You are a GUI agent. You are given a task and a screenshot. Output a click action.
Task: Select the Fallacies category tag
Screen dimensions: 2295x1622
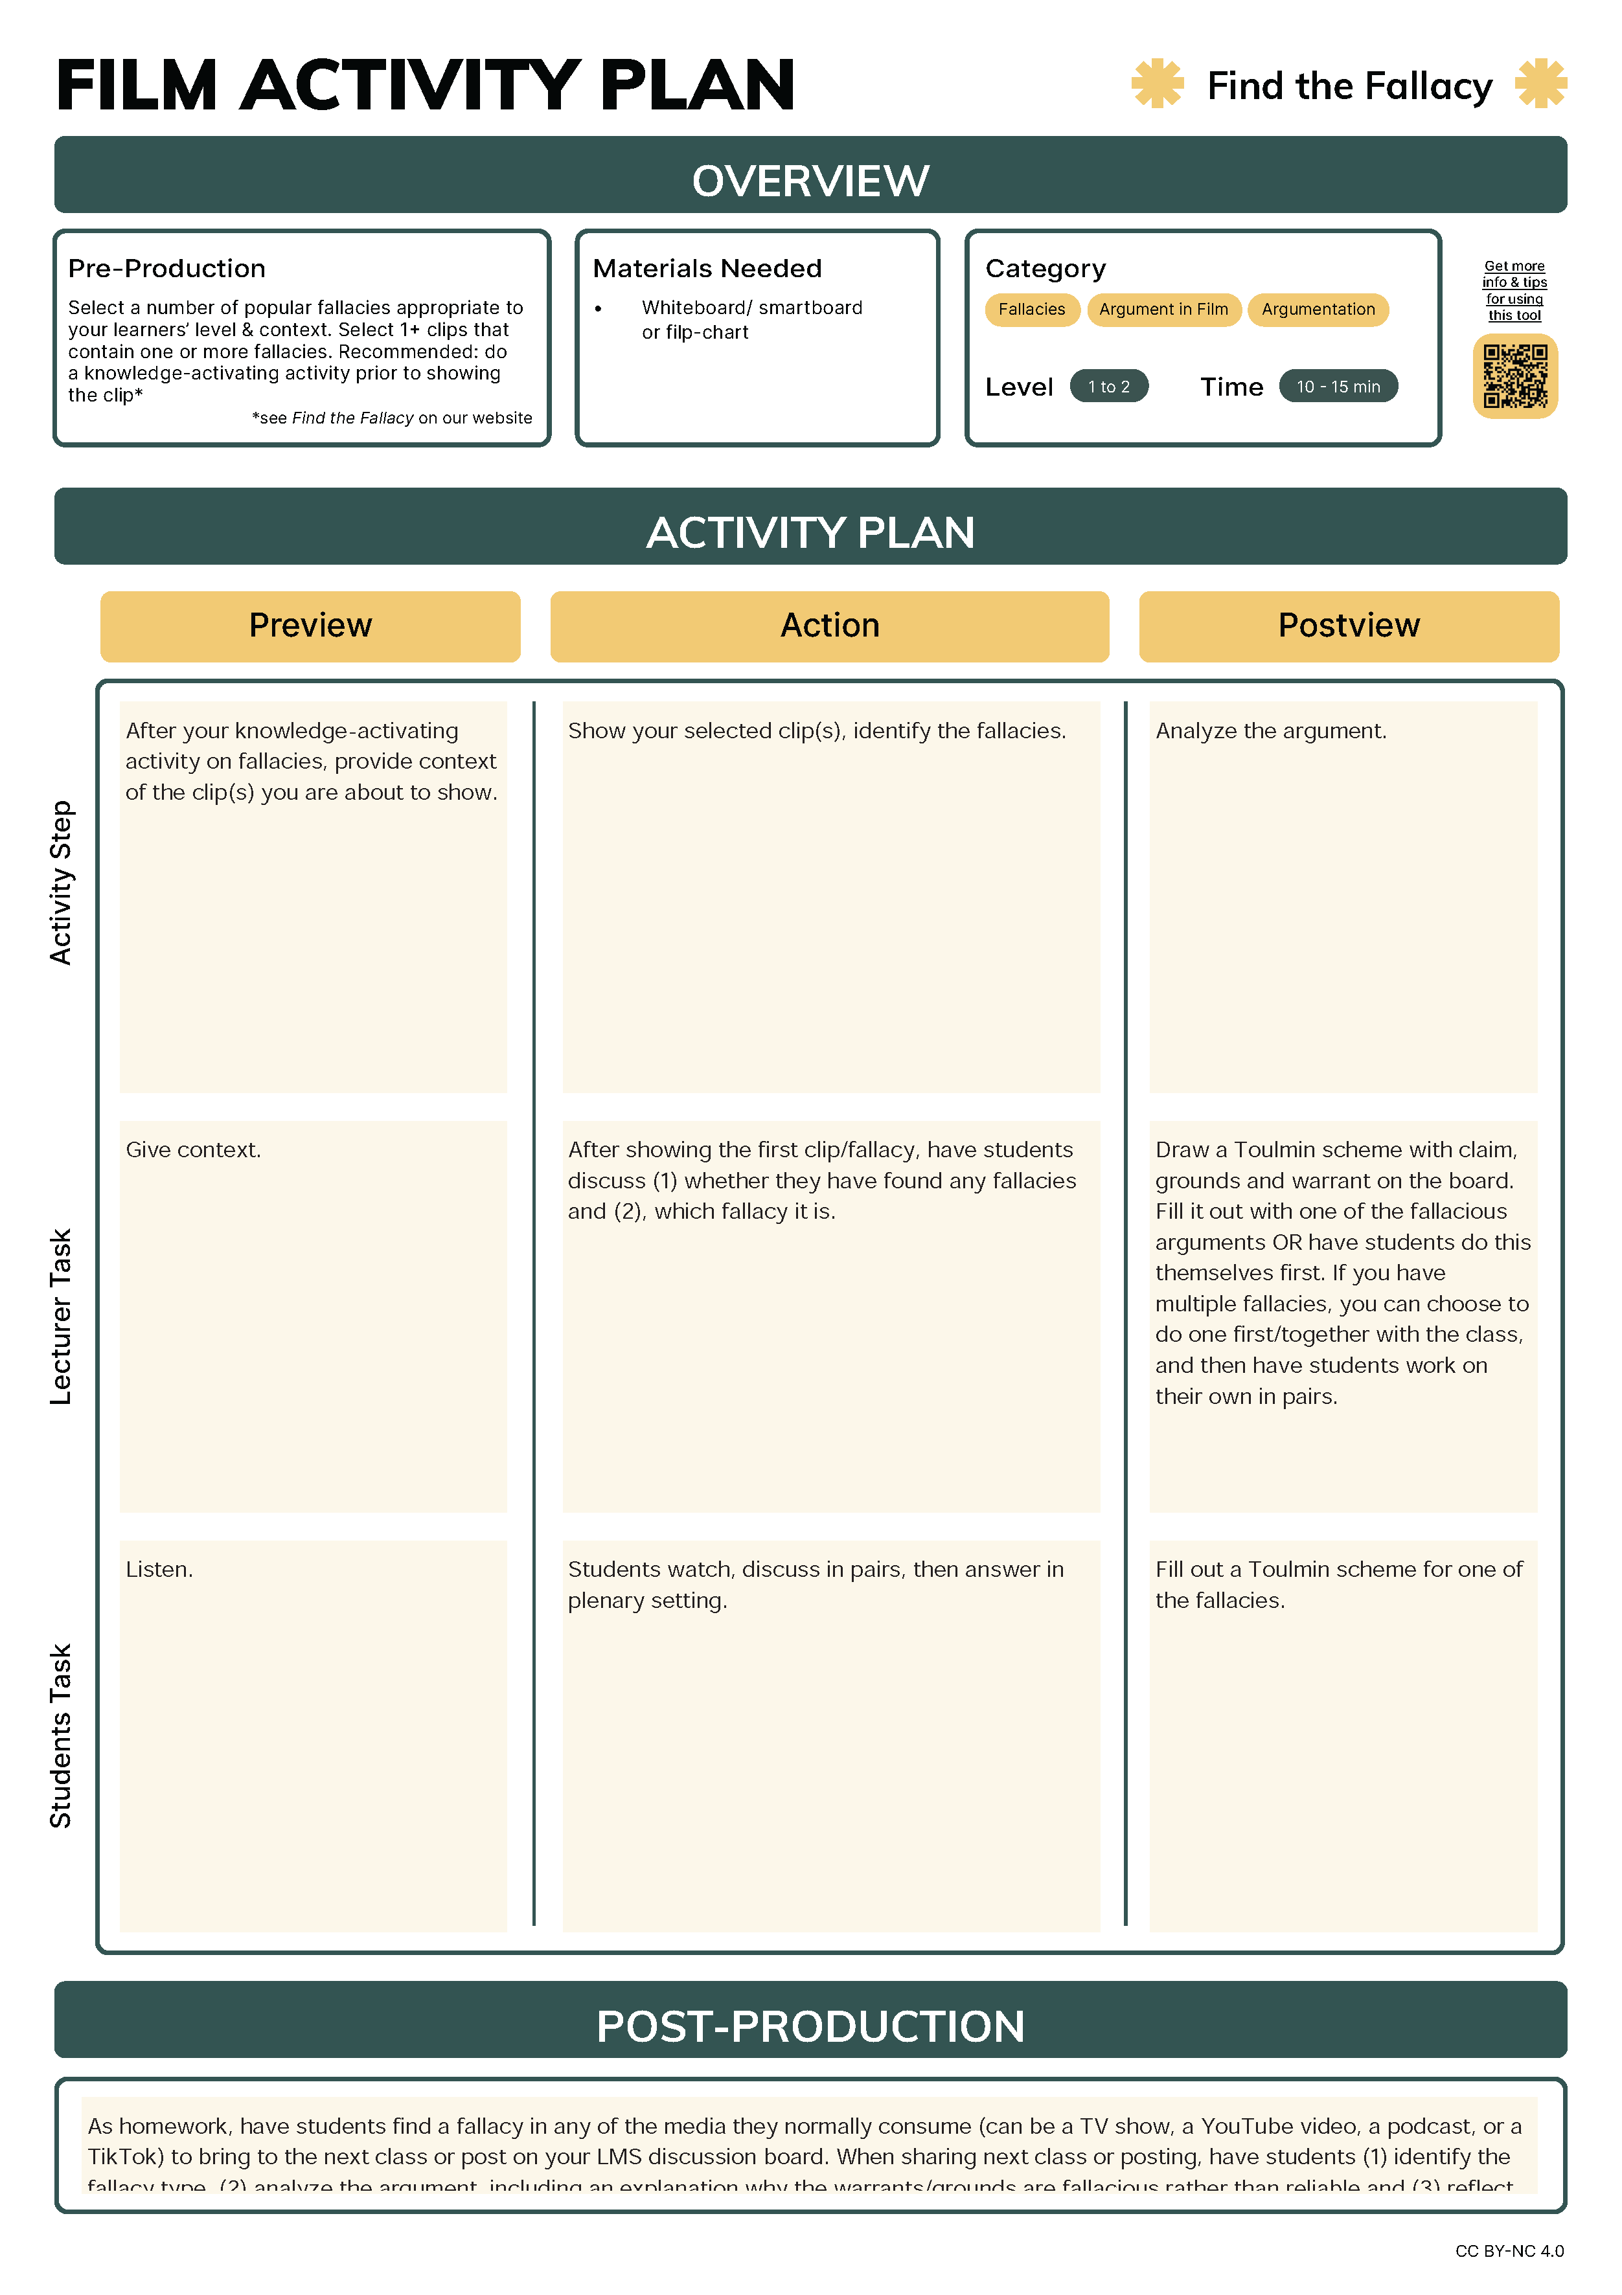pyautogui.click(x=1031, y=310)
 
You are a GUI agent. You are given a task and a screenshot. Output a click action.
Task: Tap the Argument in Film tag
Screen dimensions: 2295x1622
pyautogui.click(x=1163, y=310)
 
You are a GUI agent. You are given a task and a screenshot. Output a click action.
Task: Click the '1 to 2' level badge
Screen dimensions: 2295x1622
pyautogui.click(x=1108, y=387)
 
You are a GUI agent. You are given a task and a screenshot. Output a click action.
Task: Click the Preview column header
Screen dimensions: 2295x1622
pyautogui.click(x=310, y=626)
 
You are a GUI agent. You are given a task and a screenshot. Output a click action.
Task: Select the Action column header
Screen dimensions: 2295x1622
pyautogui.click(x=829, y=626)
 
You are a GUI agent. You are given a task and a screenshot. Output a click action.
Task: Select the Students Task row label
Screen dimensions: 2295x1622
pyautogui.click(x=61, y=1735)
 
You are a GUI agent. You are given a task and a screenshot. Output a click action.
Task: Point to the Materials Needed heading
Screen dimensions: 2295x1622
pyautogui.click(x=707, y=269)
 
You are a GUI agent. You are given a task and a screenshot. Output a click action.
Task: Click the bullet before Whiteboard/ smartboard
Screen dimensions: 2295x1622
pyautogui.click(x=598, y=309)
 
